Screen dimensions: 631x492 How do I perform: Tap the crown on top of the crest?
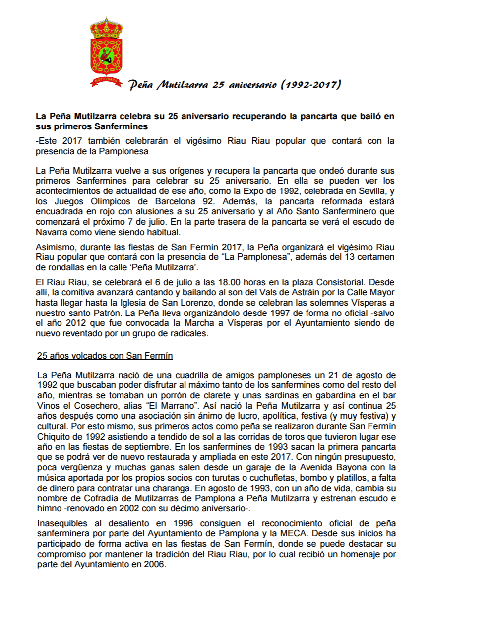[x=106, y=27]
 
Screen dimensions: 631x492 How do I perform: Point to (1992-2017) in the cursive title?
[x=311, y=85]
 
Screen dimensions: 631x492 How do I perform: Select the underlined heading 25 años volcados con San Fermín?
[x=105, y=356]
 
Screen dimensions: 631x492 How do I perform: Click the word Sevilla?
[x=369, y=191]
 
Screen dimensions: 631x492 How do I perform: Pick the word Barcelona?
[x=179, y=201]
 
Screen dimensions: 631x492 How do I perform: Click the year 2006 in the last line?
[x=154, y=564]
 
